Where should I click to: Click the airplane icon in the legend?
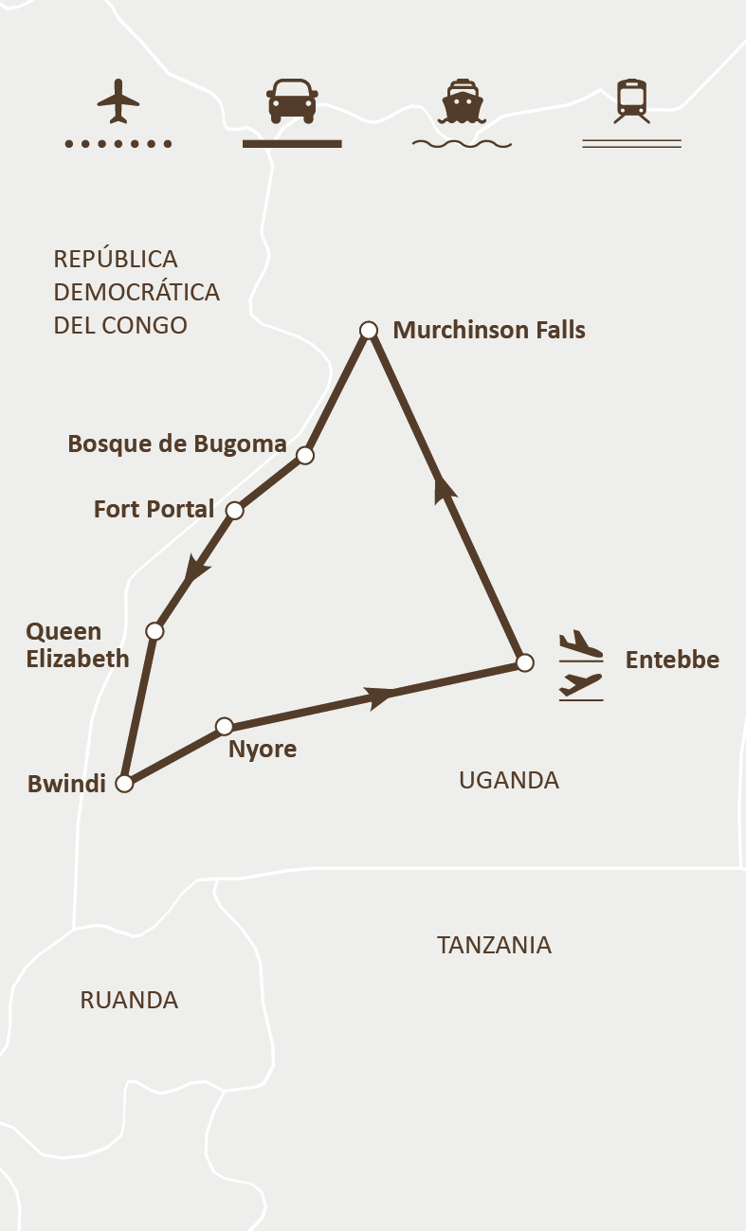click(x=118, y=101)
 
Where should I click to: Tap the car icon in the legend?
click(x=292, y=100)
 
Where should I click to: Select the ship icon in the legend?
click(x=462, y=101)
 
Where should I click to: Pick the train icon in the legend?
click(x=631, y=100)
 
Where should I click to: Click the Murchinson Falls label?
click(x=489, y=330)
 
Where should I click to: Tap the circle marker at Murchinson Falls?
click(x=369, y=330)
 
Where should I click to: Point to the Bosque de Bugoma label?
click(x=177, y=444)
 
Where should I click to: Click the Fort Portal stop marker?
click(x=235, y=510)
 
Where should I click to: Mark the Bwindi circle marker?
click(x=123, y=784)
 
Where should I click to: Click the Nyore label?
click(x=263, y=750)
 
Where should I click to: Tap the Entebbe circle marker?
click(x=525, y=662)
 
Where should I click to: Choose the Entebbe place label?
click(x=672, y=660)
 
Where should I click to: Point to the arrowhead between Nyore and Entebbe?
click(x=380, y=697)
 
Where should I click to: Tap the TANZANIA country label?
click(x=494, y=945)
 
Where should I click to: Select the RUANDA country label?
click(x=129, y=1000)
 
